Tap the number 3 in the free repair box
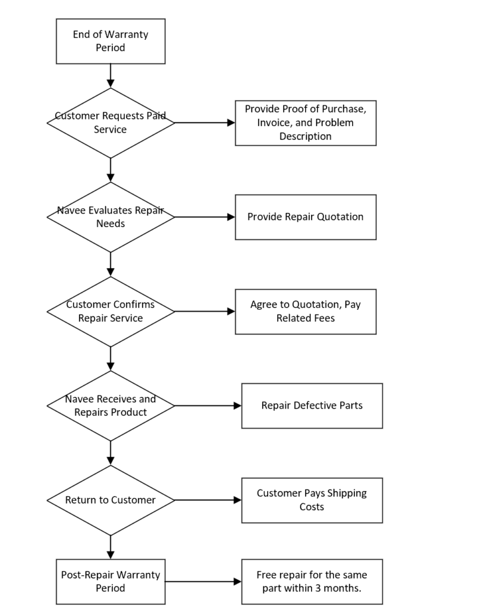[318, 588]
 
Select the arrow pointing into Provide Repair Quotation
[205, 217]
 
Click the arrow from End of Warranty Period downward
[111, 76]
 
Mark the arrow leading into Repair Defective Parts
[208, 406]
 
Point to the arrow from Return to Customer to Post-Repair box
[111, 547]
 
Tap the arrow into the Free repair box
[203, 582]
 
